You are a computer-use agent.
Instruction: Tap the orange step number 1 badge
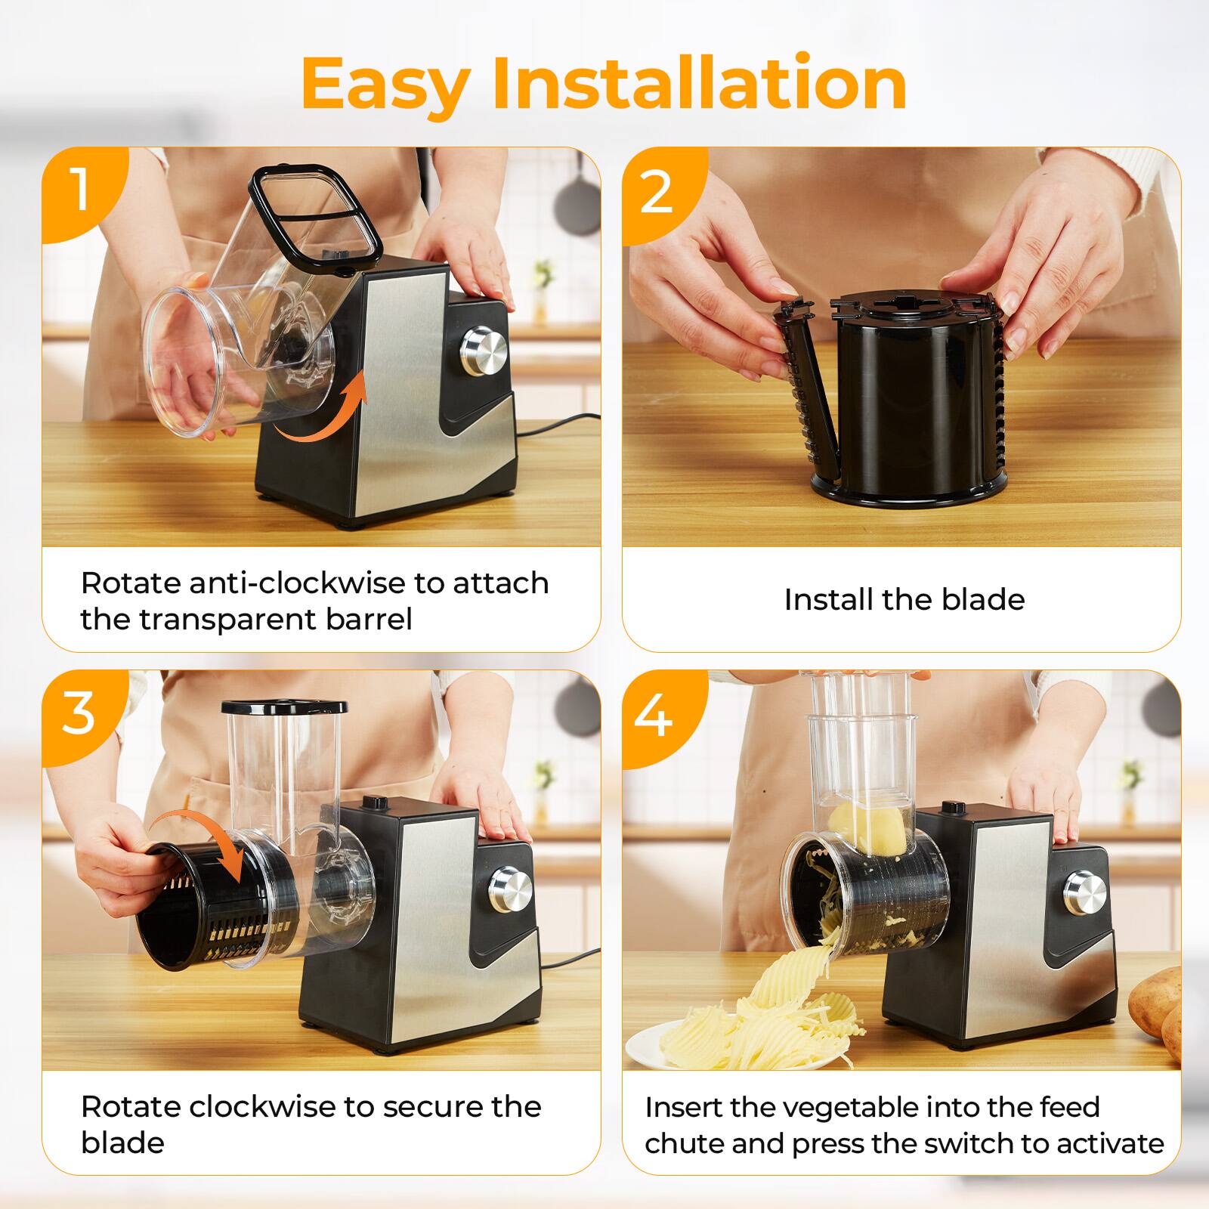[x=79, y=190]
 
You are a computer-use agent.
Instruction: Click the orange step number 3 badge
[x=79, y=712]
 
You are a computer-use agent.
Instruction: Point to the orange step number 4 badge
[x=654, y=715]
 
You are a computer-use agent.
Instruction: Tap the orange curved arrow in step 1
[x=325, y=412]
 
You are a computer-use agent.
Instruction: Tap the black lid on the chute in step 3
[x=284, y=707]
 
